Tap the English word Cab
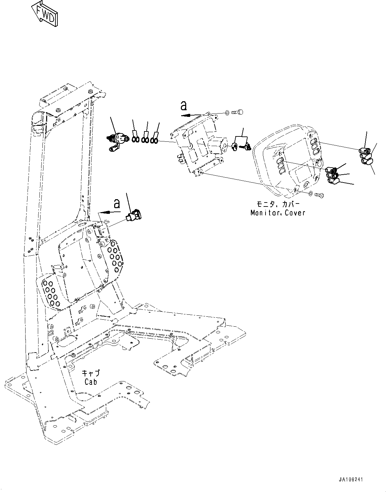click(x=91, y=382)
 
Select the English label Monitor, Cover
click(x=277, y=213)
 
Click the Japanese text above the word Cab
click(x=91, y=373)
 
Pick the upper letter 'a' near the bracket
click(x=183, y=106)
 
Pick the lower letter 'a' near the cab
click(x=116, y=203)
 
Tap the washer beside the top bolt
click(x=227, y=113)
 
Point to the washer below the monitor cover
click(x=310, y=194)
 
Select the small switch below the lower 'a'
click(x=134, y=215)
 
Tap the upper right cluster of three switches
click(x=365, y=155)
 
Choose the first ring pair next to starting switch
click(x=135, y=140)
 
